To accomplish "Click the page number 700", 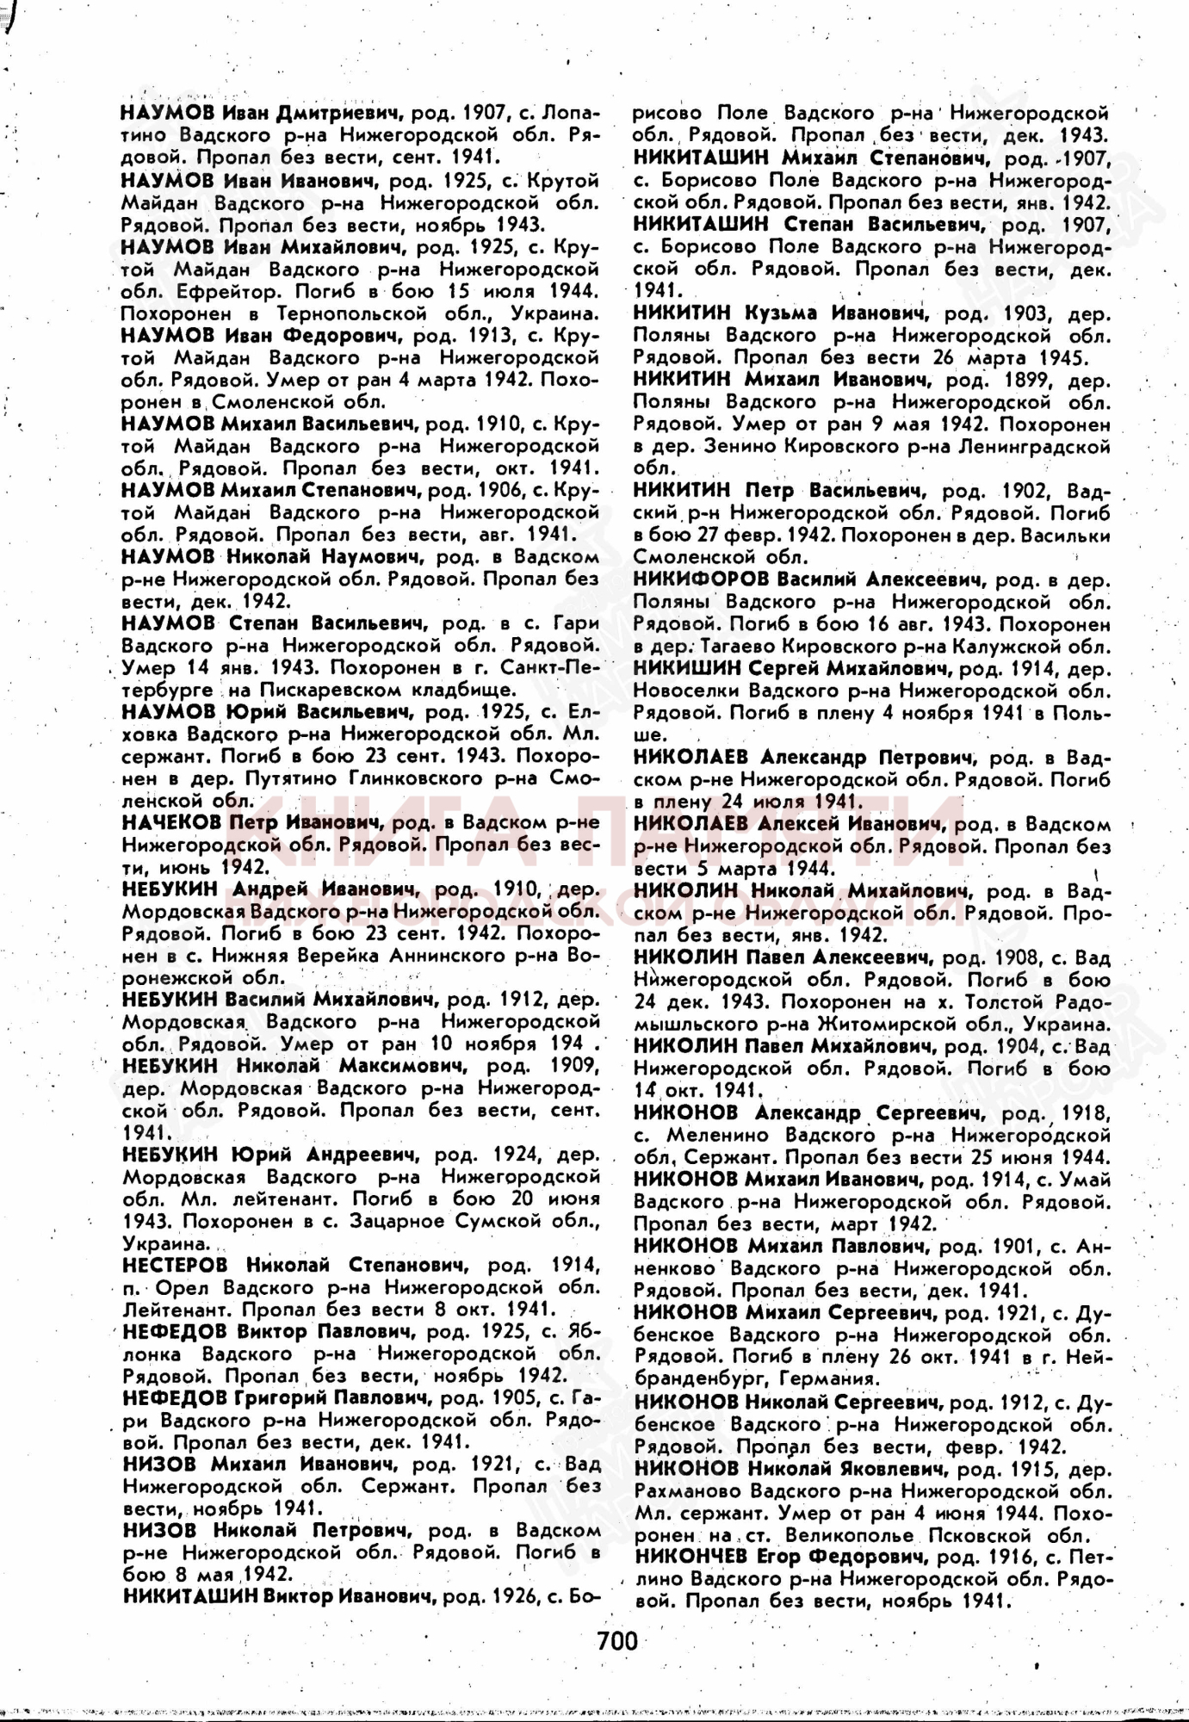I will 617,1641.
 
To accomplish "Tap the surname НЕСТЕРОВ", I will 176,1265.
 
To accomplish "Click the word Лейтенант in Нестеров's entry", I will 176,1310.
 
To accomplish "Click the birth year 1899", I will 1024,380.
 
